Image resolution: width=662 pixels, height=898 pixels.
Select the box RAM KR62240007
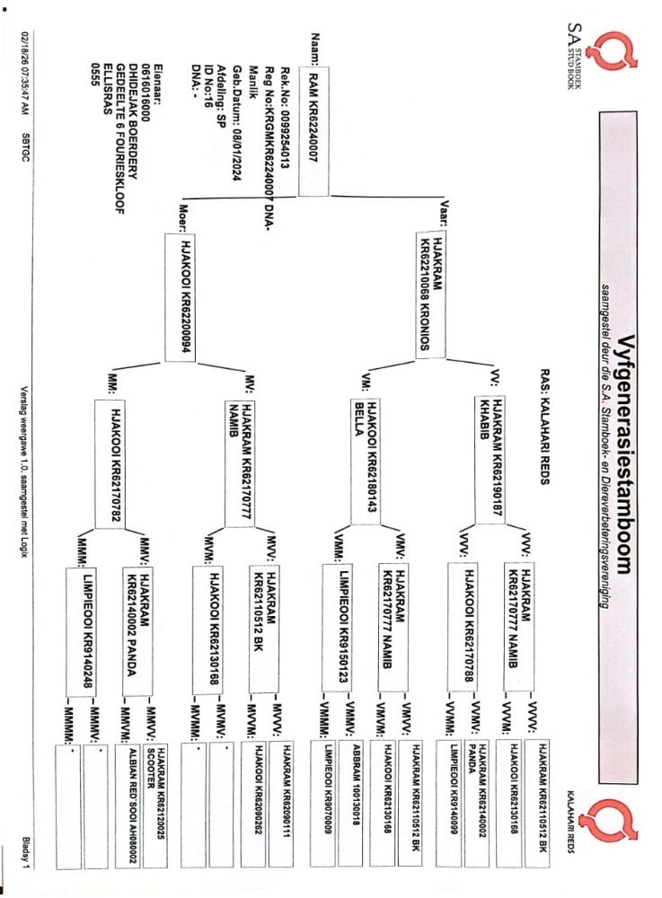313,131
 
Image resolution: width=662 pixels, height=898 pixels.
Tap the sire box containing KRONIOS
430,295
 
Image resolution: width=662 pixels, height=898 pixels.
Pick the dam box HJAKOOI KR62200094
180,297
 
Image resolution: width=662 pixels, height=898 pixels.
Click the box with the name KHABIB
490,459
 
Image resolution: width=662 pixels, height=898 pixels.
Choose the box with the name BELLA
365,462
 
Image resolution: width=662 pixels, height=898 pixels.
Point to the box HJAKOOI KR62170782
110,464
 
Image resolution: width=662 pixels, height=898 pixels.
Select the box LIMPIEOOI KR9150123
337,628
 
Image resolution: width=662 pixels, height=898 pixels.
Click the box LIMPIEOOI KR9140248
81,632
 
